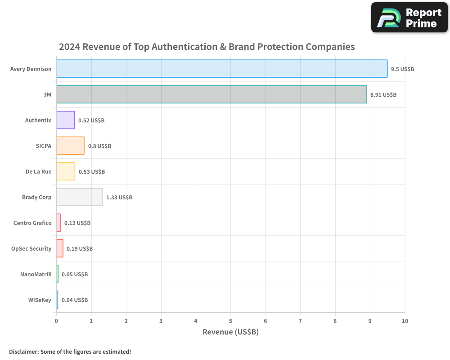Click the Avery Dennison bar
pos(222,69)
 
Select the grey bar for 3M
pos(211,94)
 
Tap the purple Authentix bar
pos(66,120)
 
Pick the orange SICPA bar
pos(70,146)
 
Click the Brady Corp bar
pos(80,197)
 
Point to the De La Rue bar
pos(66,171)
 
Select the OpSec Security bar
pos(60,248)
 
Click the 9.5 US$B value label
pos(402,69)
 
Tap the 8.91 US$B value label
pos(383,95)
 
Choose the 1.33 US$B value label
pos(119,198)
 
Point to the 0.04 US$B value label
pos(75,300)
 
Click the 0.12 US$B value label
pos(77,223)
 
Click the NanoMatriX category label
pos(36,274)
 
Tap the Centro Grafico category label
pos(32,223)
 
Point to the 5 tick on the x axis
pos(230,321)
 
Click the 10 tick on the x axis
pos(405,321)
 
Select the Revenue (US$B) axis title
pos(230,332)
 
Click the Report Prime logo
pos(409,18)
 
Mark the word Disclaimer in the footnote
pos(23,351)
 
